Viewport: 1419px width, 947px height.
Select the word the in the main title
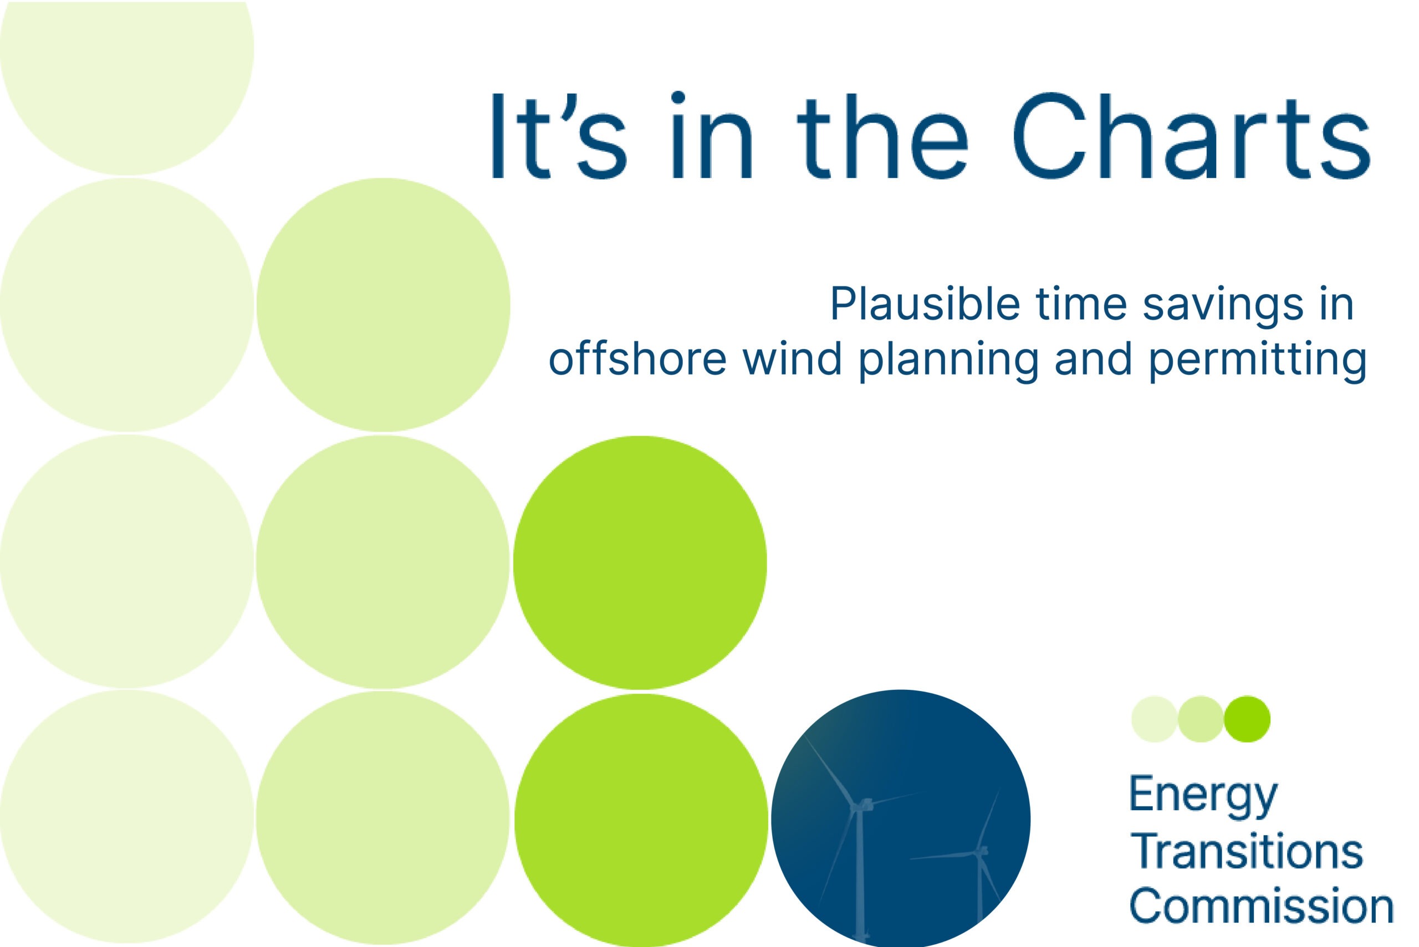[881, 136]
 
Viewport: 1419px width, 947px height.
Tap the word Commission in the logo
[1260, 906]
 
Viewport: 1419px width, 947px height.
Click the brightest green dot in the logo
[1247, 719]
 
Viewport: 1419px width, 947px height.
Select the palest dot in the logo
[1155, 719]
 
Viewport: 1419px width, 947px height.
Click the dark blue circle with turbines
[900, 819]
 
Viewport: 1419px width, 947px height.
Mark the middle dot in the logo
[1201, 719]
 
